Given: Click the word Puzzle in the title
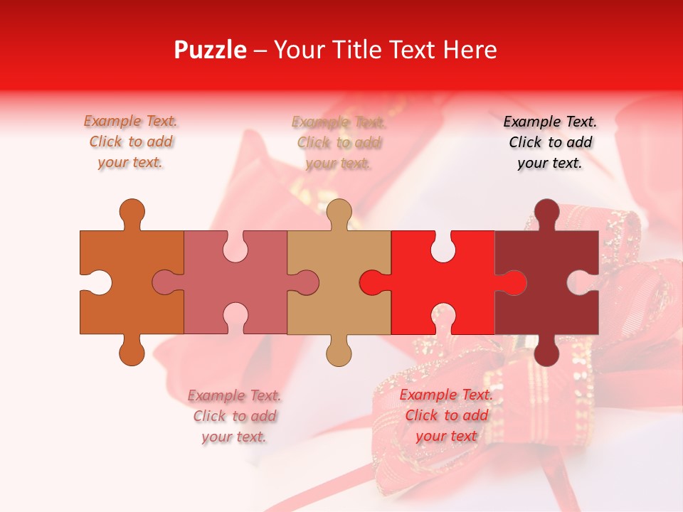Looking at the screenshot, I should [x=210, y=50].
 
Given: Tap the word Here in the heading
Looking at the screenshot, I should [x=469, y=50].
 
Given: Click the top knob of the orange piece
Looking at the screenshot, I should [x=132, y=212].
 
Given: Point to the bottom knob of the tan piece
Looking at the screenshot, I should [x=339, y=353].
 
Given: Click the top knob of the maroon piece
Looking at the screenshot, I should [x=546, y=212].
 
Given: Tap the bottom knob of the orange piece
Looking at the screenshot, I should [x=132, y=353].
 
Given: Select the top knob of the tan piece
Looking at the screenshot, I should [x=339, y=212].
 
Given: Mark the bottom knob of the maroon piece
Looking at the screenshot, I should [x=546, y=353].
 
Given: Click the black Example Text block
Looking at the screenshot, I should [x=550, y=142].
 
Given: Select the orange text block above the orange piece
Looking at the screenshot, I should [x=131, y=142].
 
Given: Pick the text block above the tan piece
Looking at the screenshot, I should [x=339, y=142].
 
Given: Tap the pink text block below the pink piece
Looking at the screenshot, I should [x=234, y=416].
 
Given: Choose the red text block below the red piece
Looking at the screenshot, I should [x=446, y=415].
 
